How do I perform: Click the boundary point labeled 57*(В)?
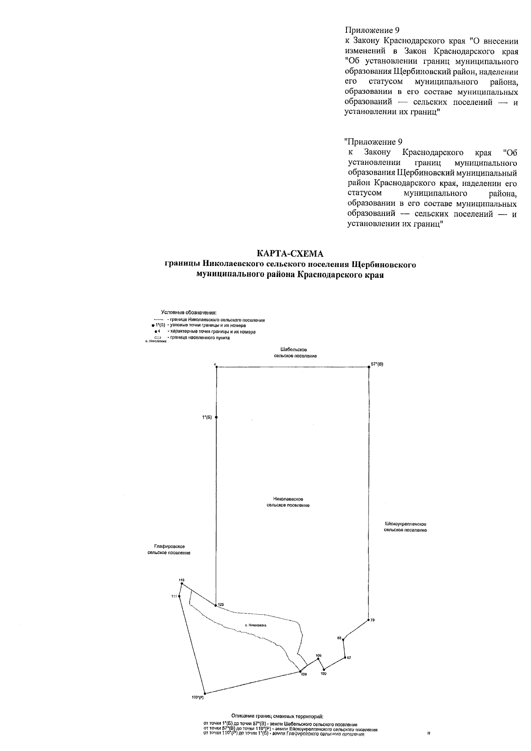click(369, 367)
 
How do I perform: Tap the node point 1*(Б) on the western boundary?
click(216, 417)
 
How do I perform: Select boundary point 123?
click(215, 605)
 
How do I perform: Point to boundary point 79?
click(368, 620)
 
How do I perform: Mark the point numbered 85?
click(344, 639)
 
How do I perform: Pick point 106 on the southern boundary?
click(318, 659)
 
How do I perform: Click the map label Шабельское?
click(294, 350)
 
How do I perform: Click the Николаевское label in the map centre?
click(288, 499)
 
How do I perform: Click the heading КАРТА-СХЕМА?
click(290, 254)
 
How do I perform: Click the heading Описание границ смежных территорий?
click(277, 716)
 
